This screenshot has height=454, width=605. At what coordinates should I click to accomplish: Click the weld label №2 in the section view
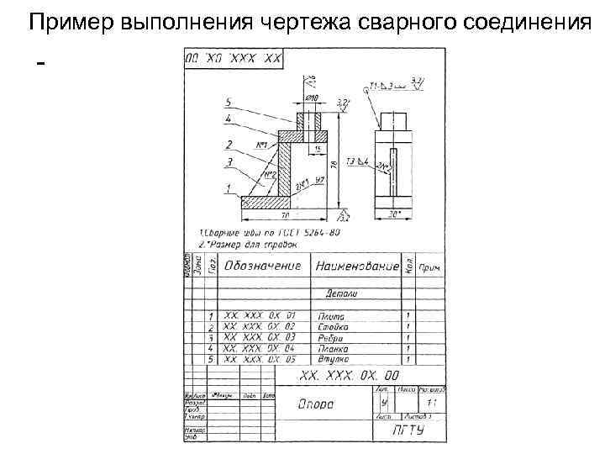click(271, 176)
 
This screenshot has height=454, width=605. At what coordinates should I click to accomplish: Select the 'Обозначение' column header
click(261, 267)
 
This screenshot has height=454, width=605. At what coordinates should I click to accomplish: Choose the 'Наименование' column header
click(356, 267)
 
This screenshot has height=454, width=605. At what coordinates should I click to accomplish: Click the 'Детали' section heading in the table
click(341, 294)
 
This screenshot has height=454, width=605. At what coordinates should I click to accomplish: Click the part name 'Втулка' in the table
click(334, 359)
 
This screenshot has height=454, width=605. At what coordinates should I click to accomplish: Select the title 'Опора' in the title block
click(316, 404)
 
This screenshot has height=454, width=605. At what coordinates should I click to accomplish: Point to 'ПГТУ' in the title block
click(408, 430)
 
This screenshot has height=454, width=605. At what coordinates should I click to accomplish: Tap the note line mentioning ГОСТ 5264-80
click(265, 232)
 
